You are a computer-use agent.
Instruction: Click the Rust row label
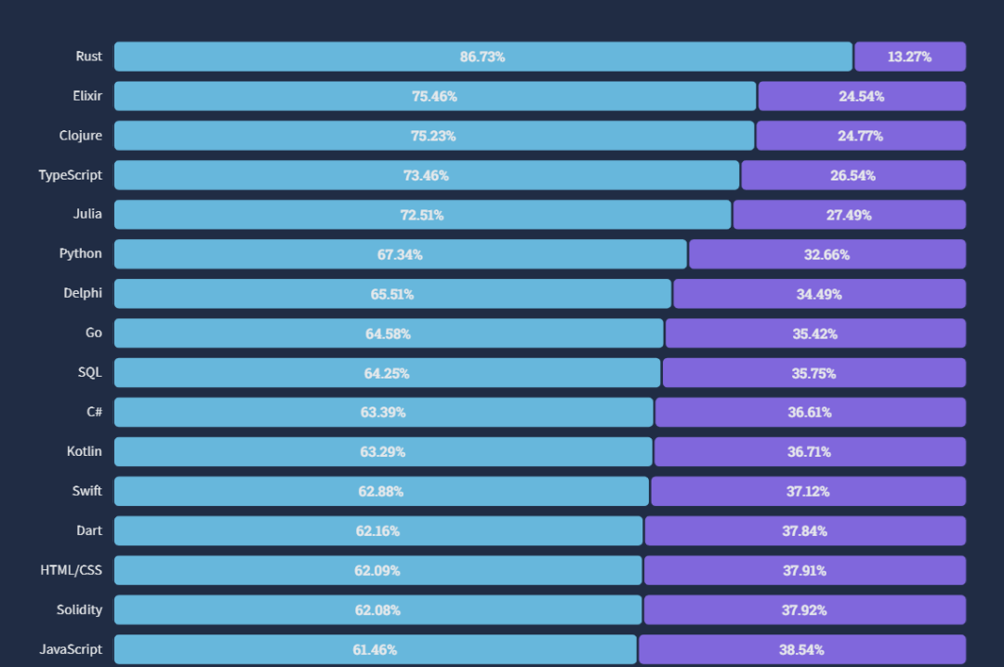point(88,57)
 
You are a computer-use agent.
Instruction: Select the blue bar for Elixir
point(435,96)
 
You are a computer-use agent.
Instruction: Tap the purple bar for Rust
point(910,57)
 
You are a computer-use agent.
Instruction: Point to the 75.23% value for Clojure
point(433,136)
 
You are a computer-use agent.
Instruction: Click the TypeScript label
point(71,175)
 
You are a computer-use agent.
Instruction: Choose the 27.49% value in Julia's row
point(849,215)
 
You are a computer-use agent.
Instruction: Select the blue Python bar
point(400,254)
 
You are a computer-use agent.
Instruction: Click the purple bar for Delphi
point(820,294)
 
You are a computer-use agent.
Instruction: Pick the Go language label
point(94,332)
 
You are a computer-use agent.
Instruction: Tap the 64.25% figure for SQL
point(386,374)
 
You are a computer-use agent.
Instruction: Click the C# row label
point(94,412)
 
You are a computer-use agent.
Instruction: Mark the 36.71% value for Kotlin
point(809,452)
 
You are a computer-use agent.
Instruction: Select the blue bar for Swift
point(382,491)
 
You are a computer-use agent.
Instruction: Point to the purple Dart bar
point(805,531)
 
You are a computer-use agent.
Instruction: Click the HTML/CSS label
point(71,570)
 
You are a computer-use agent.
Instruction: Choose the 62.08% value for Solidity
point(377,610)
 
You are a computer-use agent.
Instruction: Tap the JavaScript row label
point(71,649)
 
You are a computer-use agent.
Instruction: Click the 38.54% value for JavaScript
point(801,650)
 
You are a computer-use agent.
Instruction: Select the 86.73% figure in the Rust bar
point(482,57)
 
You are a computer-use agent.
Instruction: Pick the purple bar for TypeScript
point(853,175)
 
